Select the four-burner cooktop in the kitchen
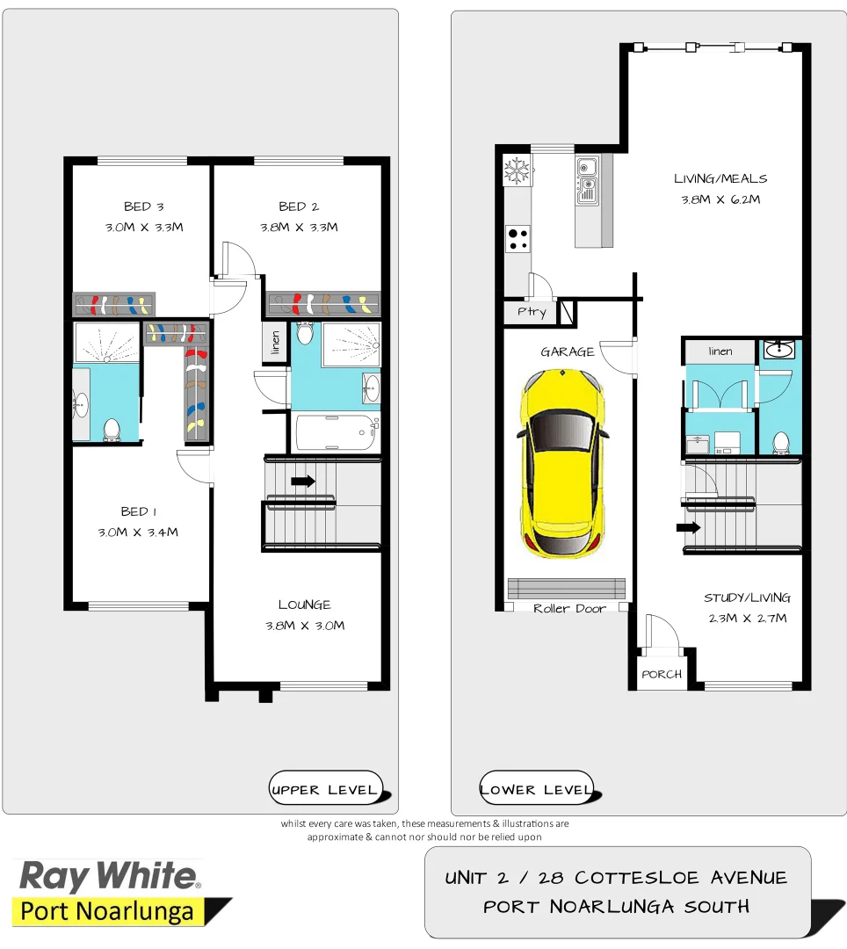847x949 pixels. click(x=518, y=237)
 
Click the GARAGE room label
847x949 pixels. click(x=567, y=351)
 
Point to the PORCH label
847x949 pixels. click(x=662, y=674)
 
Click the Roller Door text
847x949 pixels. click(x=569, y=608)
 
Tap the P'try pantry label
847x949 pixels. click(x=531, y=312)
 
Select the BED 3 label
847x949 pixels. click(x=143, y=206)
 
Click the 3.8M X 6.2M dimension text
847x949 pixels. click(x=720, y=199)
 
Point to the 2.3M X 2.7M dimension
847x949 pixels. click(x=747, y=618)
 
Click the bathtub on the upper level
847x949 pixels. click(x=336, y=431)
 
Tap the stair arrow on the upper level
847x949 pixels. click(x=303, y=481)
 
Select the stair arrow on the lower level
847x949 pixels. click(x=688, y=527)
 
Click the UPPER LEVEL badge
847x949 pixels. click(x=324, y=789)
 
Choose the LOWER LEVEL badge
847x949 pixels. click(x=536, y=789)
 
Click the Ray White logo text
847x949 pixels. click(x=110, y=876)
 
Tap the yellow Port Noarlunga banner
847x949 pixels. click(x=107, y=911)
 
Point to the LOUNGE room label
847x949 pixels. click(x=304, y=605)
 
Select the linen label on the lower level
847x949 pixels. click(x=720, y=351)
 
